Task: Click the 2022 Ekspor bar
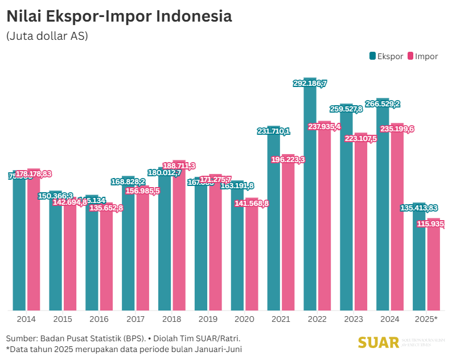click(310, 199)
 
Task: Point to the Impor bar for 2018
click(179, 239)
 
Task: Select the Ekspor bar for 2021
click(273, 222)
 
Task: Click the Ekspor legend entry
click(387, 56)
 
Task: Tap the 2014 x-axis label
click(27, 319)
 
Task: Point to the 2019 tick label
click(208, 319)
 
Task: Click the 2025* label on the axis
click(426, 319)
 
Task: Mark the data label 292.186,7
click(310, 84)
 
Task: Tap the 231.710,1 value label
click(273, 131)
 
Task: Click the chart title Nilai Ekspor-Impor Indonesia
click(119, 16)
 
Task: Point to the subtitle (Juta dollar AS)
click(47, 36)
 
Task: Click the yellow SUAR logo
click(379, 342)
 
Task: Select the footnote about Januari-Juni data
click(124, 349)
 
